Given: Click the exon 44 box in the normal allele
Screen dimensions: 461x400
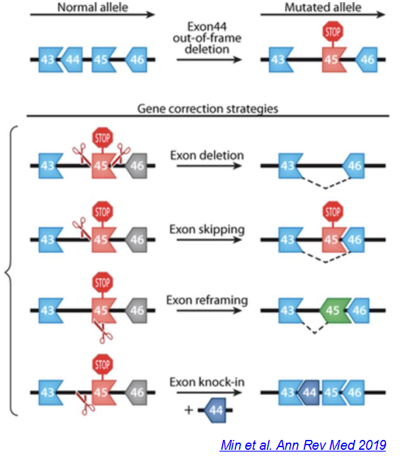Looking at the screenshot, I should [72, 59].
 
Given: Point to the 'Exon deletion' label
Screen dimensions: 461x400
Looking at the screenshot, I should [206, 156].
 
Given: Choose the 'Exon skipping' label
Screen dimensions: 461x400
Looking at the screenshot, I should [207, 229].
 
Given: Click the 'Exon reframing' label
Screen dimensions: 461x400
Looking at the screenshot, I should [207, 300].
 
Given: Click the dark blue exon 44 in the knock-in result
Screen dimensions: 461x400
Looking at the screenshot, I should [308, 392].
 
